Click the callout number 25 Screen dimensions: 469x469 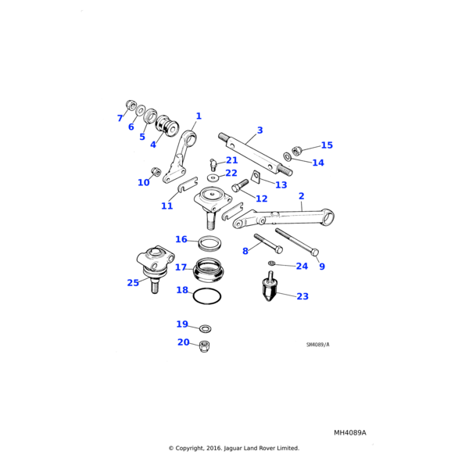133,282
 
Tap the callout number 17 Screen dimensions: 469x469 181,267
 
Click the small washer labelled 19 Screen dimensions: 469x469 205,328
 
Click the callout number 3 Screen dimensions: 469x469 260,130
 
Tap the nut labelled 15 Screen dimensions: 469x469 297,149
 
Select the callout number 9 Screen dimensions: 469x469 321,267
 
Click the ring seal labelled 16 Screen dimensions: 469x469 207,240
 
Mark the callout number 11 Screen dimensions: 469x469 166,206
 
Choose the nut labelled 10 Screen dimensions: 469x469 156,171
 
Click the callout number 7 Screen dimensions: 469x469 120,118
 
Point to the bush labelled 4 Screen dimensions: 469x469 166,127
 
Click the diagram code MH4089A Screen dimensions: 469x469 349,432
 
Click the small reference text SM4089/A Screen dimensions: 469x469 317,345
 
